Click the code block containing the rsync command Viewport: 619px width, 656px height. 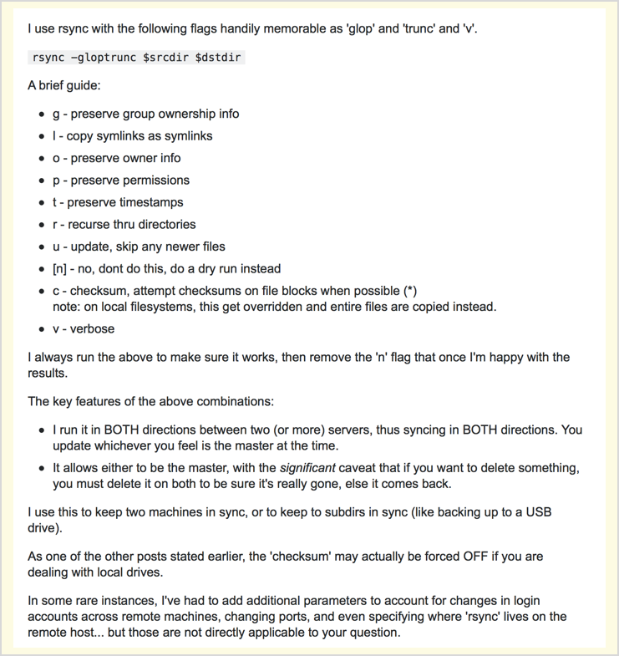pyautogui.click(x=137, y=57)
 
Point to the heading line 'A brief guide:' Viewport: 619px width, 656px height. pyautogui.click(x=64, y=85)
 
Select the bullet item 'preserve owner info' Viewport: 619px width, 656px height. pyautogui.click(x=116, y=158)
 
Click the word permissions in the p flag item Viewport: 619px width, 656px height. pyautogui.click(x=155, y=180)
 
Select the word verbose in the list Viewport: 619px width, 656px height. pyautogui.click(x=92, y=328)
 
